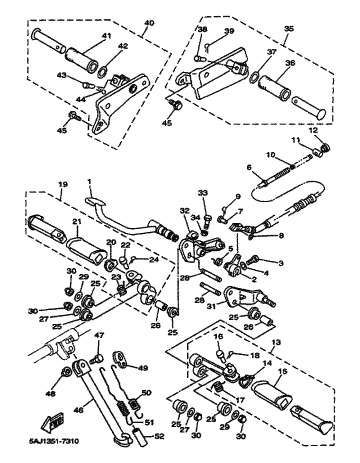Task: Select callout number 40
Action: tap(148, 23)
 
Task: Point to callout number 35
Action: tap(289, 28)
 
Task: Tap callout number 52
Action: tap(159, 436)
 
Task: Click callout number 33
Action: tap(202, 193)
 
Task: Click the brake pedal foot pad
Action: tap(95, 201)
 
